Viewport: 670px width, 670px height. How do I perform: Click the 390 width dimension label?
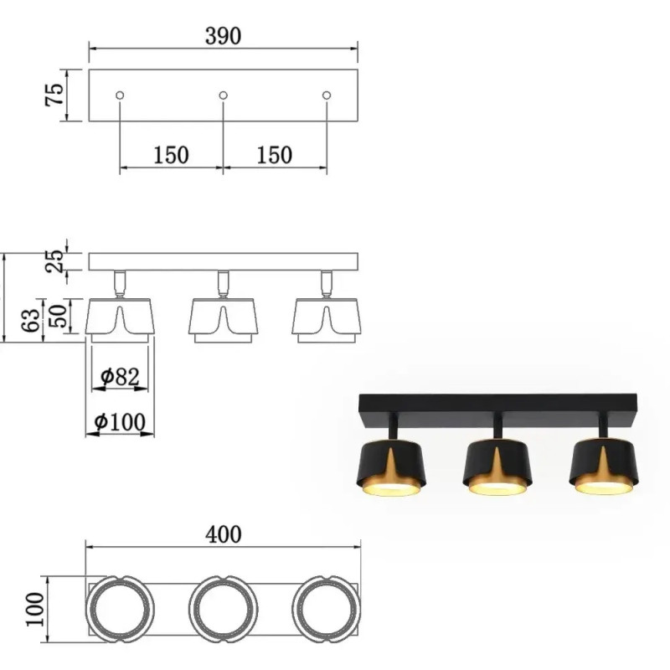[x=223, y=36]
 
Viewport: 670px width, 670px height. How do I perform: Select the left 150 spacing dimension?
[x=171, y=155]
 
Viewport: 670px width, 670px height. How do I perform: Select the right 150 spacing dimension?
[x=275, y=155]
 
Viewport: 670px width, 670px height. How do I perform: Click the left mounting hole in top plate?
[x=120, y=96]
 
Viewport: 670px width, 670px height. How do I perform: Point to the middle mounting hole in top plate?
[x=223, y=96]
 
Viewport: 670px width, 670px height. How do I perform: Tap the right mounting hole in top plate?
[x=327, y=96]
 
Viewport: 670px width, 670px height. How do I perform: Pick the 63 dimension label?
[x=30, y=319]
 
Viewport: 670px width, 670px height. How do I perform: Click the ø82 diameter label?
[x=119, y=378]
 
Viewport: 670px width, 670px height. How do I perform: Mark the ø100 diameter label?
[x=120, y=422]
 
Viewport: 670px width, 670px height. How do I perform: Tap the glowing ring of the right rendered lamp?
[x=601, y=486]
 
